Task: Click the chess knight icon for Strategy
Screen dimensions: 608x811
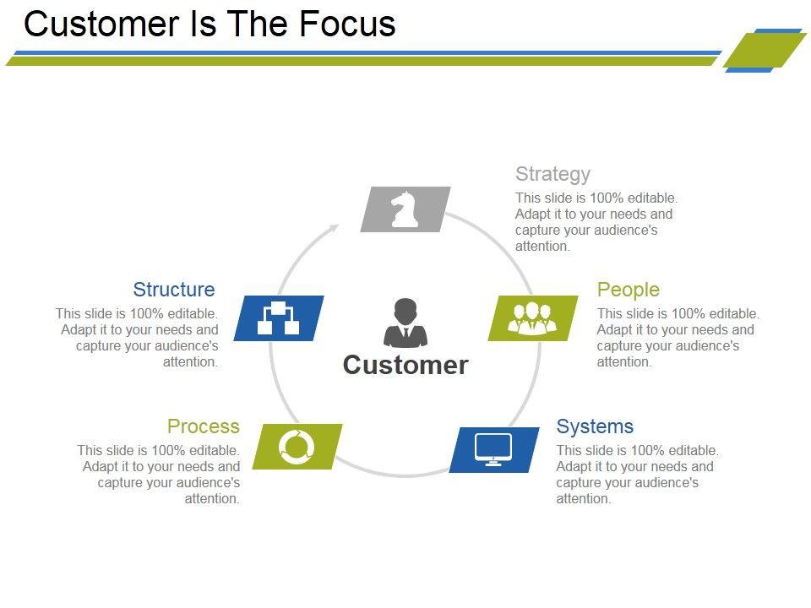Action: point(405,209)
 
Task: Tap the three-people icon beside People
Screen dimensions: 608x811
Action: point(532,318)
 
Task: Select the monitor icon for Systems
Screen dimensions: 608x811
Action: point(493,449)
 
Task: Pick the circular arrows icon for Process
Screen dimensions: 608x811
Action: point(297,445)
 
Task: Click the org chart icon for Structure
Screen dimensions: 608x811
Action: point(278,318)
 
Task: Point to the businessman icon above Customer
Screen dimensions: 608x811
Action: point(405,323)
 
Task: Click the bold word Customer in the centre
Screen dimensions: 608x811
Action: point(405,365)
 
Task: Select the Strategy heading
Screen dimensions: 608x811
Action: point(552,174)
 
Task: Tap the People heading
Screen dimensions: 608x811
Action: point(628,290)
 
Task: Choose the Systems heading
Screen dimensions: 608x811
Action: point(595,426)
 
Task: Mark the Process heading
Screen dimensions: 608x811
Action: point(204,426)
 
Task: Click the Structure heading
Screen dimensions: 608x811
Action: point(174,290)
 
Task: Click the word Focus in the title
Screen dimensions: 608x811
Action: point(347,24)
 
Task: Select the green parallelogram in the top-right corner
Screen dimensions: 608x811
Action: point(765,50)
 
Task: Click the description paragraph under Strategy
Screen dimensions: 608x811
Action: point(596,222)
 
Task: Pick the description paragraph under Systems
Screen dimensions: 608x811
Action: point(637,475)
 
